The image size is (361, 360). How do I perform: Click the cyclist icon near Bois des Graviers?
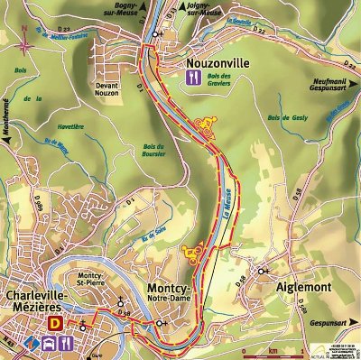pos(208,125)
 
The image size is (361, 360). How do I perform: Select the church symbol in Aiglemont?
pos(262,271)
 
